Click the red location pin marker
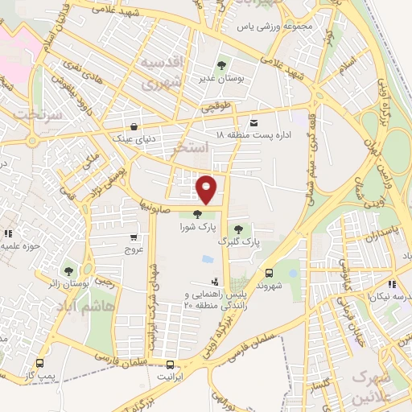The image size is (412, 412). (x=208, y=189)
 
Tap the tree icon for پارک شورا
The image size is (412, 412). (x=197, y=213)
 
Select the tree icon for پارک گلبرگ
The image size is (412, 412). (x=237, y=229)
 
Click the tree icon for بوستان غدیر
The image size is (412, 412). (x=222, y=64)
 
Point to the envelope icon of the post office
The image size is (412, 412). (x=254, y=122)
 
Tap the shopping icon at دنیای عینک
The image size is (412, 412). (x=133, y=126)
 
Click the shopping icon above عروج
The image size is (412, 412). (x=133, y=237)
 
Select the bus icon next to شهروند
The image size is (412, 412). (x=270, y=272)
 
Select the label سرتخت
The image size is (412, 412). (x=23, y=113)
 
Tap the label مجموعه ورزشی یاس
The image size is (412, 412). (x=278, y=26)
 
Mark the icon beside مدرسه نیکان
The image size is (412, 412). (x=391, y=284)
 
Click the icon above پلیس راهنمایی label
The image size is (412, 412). (x=215, y=282)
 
